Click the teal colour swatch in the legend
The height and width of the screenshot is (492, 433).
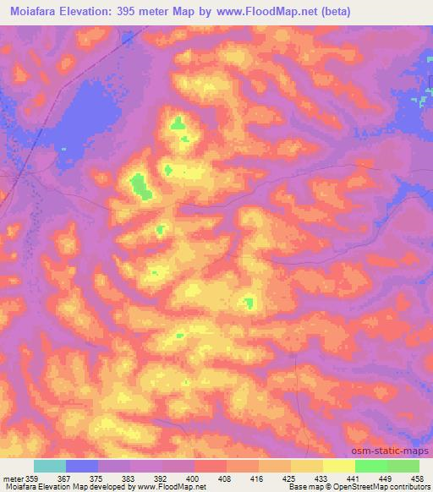point(50,466)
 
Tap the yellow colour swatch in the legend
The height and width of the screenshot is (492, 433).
point(338,466)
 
